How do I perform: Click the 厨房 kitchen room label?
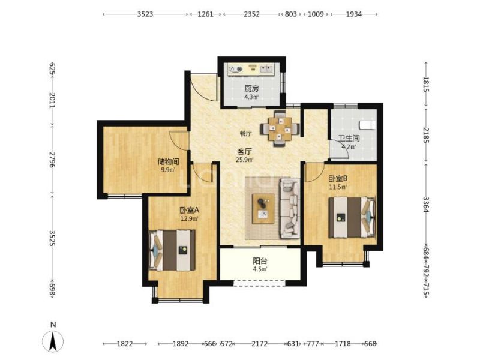251,89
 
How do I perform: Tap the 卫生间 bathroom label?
349,138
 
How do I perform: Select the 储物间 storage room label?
168,161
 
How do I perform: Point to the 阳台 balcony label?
260,261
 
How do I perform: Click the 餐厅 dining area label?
245,133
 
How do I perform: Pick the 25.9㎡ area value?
244,160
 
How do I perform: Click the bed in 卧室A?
172,250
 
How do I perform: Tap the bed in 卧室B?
352,217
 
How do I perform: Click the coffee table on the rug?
263,208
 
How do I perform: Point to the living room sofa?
289,208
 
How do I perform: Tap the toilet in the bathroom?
367,125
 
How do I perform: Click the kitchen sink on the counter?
266,68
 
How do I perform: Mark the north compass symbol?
53,341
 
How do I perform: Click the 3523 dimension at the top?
145,14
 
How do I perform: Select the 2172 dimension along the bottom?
260,344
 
